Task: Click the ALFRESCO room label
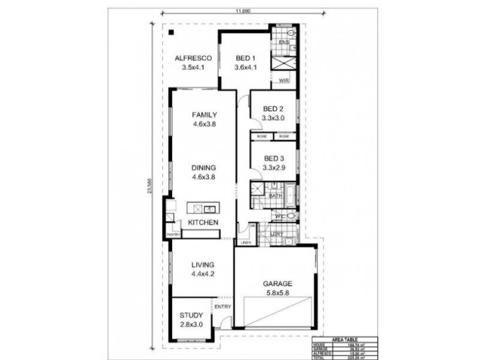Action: point(191,58)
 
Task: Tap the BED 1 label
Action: point(246,58)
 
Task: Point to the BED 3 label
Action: point(273,159)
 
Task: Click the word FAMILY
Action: point(204,115)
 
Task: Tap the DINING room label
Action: point(204,168)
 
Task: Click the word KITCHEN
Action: point(203,223)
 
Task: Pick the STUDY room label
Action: point(191,314)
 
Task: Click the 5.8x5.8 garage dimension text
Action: point(276,293)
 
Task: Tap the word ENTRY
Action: point(222,307)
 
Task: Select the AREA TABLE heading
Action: point(344,339)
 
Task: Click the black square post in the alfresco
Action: point(171,32)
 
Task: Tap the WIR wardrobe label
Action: point(284,80)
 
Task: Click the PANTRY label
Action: point(173,233)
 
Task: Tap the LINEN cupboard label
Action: point(245,242)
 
